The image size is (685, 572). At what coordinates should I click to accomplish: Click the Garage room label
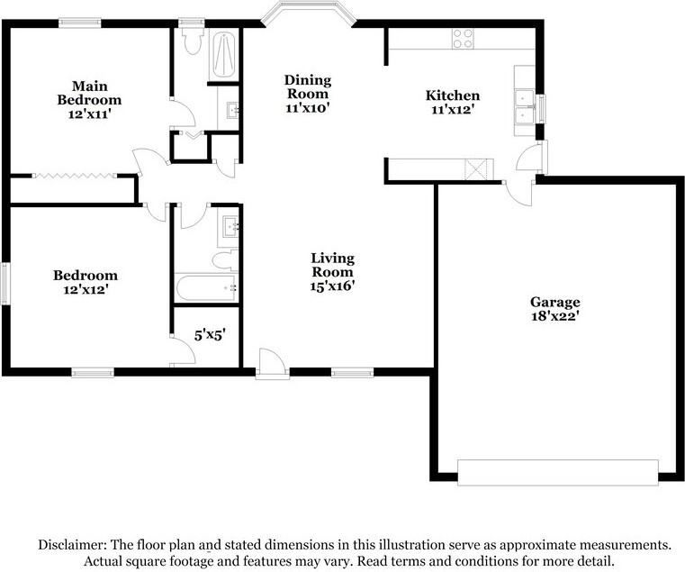554,302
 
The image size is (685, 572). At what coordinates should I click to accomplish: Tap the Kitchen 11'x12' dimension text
453,110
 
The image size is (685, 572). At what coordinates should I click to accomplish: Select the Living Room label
332,265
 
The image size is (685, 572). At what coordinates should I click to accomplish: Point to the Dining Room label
308,86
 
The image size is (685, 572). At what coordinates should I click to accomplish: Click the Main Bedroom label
89,93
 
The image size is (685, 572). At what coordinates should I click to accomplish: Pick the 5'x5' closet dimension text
210,335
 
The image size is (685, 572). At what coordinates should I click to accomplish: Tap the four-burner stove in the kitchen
463,38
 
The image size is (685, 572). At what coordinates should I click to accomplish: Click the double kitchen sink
525,106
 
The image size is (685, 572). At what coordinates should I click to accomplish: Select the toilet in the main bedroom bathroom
193,40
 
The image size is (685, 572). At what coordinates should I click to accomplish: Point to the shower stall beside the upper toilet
224,54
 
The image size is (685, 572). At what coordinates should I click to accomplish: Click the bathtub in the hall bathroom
206,287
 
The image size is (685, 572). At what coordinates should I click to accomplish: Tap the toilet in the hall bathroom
225,259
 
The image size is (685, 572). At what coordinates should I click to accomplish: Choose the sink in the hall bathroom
230,227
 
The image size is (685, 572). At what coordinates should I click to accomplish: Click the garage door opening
558,472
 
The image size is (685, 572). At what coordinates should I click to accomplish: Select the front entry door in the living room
272,363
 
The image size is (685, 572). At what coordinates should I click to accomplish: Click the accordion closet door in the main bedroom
75,176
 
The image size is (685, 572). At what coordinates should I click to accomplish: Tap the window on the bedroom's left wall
5,283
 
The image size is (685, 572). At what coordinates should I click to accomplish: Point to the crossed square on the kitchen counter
475,169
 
